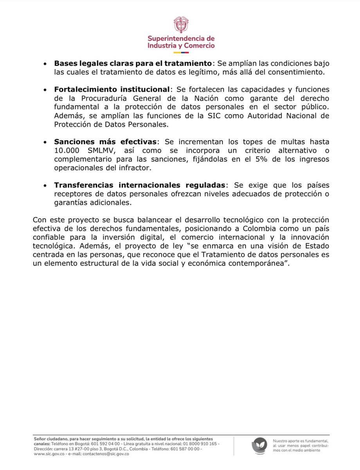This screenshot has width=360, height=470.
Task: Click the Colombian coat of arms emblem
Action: point(181,25)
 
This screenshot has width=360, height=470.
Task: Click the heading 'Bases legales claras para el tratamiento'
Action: point(133,64)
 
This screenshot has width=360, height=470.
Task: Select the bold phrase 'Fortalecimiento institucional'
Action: point(112,89)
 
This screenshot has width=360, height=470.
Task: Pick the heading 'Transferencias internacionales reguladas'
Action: point(139,185)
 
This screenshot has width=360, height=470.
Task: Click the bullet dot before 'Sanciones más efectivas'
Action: point(46,142)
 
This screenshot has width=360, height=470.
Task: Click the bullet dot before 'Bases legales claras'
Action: point(46,64)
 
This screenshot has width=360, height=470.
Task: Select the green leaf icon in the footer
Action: point(260,446)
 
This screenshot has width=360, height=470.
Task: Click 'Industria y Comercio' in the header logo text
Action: point(181,46)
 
